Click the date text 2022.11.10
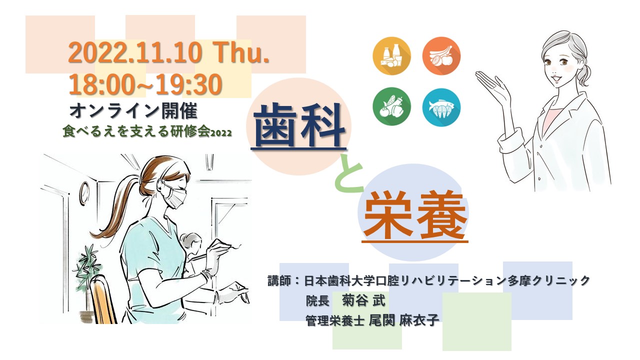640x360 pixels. [135, 53]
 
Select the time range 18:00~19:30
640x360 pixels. [145, 84]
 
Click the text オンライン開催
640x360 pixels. [133, 111]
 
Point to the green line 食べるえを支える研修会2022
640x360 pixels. [147, 132]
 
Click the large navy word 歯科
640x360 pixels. [299, 125]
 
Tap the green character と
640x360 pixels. [349, 173]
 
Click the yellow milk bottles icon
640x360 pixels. [391, 56]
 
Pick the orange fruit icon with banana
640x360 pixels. [441, 56]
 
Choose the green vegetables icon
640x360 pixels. [391, 106]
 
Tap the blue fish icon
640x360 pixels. [441, 107]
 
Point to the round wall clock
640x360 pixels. [84, 193]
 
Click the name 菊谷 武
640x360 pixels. [364, 300]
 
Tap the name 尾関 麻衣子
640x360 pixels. [404, 320]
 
